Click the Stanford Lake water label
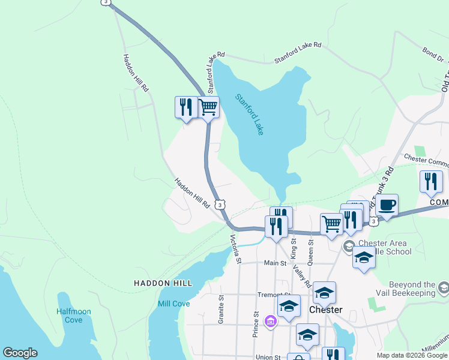[249, 114]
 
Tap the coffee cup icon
[387, 205]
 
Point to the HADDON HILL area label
[163, 283]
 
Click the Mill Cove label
[173, 304]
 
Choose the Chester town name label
[325, 310]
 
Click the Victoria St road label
[235, 249]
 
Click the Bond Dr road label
[433, 55]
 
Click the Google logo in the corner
[20, 353]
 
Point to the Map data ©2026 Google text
[412, 355]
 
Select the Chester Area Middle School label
[385, 247]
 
